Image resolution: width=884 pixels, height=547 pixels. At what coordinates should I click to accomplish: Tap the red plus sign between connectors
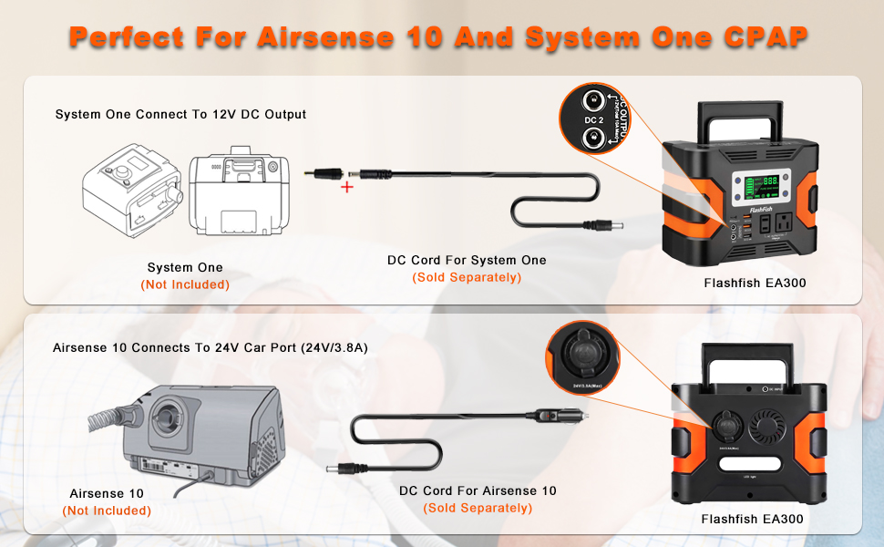click(x=346, y=187)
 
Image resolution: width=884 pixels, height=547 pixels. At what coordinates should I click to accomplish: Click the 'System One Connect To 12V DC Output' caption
click(x=180, y=115)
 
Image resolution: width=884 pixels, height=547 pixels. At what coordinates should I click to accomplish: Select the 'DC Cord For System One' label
click(x=467, y=261)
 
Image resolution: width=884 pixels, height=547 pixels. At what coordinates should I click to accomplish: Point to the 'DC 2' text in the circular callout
click(x=594, y=120)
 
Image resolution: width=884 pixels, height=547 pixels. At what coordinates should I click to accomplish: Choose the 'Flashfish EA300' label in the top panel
click(x=755, y=284)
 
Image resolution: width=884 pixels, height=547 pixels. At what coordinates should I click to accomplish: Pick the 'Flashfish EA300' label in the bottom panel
click(x=752, y=520)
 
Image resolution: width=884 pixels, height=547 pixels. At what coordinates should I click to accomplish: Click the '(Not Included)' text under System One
click(x=185, y=284)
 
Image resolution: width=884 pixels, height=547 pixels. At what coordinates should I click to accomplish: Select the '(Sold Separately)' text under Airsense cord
click(x=478, y=508)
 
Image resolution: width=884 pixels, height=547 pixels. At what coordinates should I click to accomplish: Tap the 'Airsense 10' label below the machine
click(x=107, y=493)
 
